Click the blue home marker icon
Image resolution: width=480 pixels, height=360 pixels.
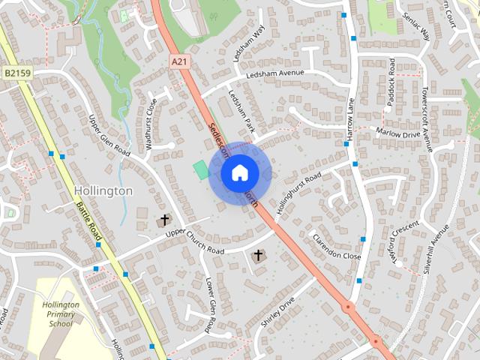(239, 172)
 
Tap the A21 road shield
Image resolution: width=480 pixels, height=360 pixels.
(178, 61)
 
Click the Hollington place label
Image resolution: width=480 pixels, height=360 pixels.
(103, 191)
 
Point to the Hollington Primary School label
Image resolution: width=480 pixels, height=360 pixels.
(61, 314)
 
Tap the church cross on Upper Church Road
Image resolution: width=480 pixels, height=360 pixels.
(164, 220)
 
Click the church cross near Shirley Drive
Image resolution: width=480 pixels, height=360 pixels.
(258, 256)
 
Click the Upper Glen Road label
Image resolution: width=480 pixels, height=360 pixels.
(109, 136)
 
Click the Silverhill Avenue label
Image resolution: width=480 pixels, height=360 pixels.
(436, 248)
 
